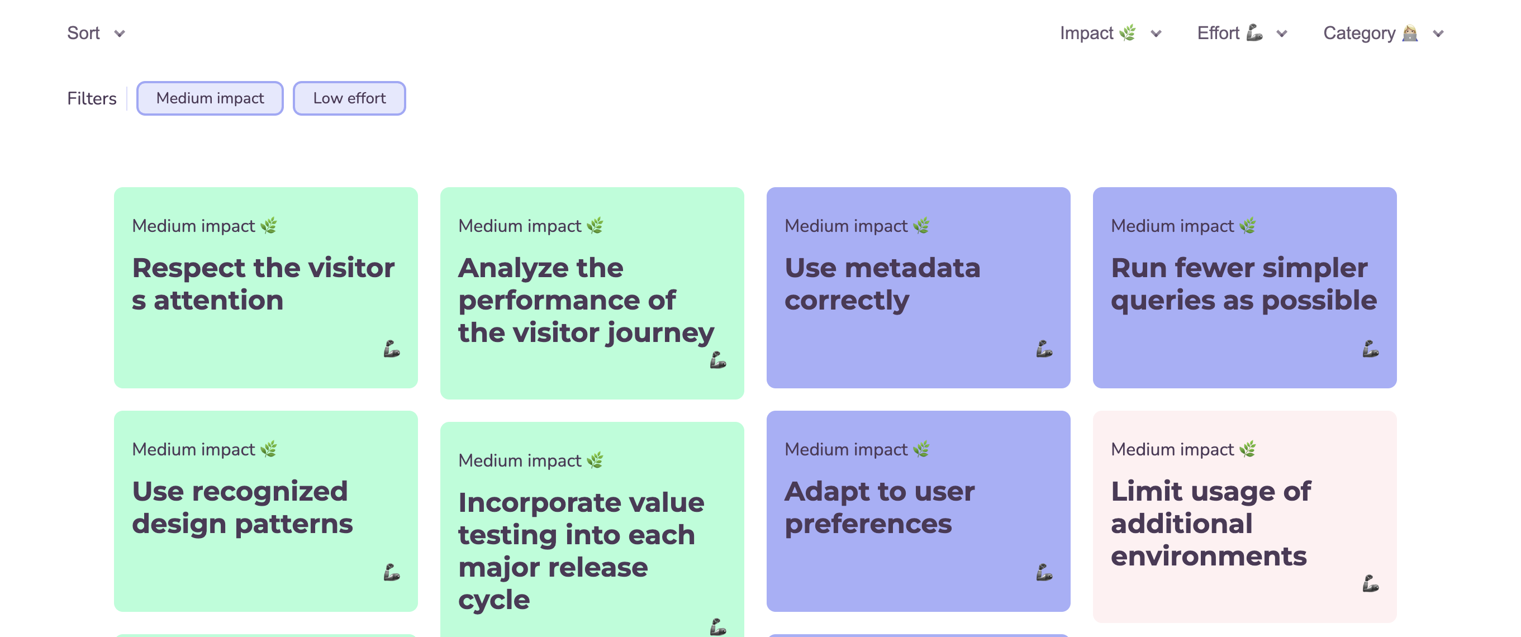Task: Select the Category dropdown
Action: (x=1382, y=33)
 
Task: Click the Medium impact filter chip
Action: (x=210, y=98)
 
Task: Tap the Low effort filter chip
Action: (x=349, y=98)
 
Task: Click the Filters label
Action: (x=92, y=98)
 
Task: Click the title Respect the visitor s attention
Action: (x=263, y=284)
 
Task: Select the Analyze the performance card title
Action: (x=586, y=300)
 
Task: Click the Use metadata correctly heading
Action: (x=882, y=284)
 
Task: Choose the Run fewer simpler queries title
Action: (x=1243, y=284)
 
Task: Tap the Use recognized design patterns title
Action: (x=242, y=507)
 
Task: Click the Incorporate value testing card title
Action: (x=581, y=551)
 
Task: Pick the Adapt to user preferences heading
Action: (x=879, y=507)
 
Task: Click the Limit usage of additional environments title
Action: (x=1210, y=524)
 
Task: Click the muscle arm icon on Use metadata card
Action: (x=1043, y=349)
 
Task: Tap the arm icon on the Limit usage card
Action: (x=1370, y=584)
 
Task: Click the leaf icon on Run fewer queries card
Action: (x=1248, y=226)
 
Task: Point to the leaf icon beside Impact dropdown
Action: (x=1127, y=32)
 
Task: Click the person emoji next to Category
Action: (x=1410, y=33)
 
